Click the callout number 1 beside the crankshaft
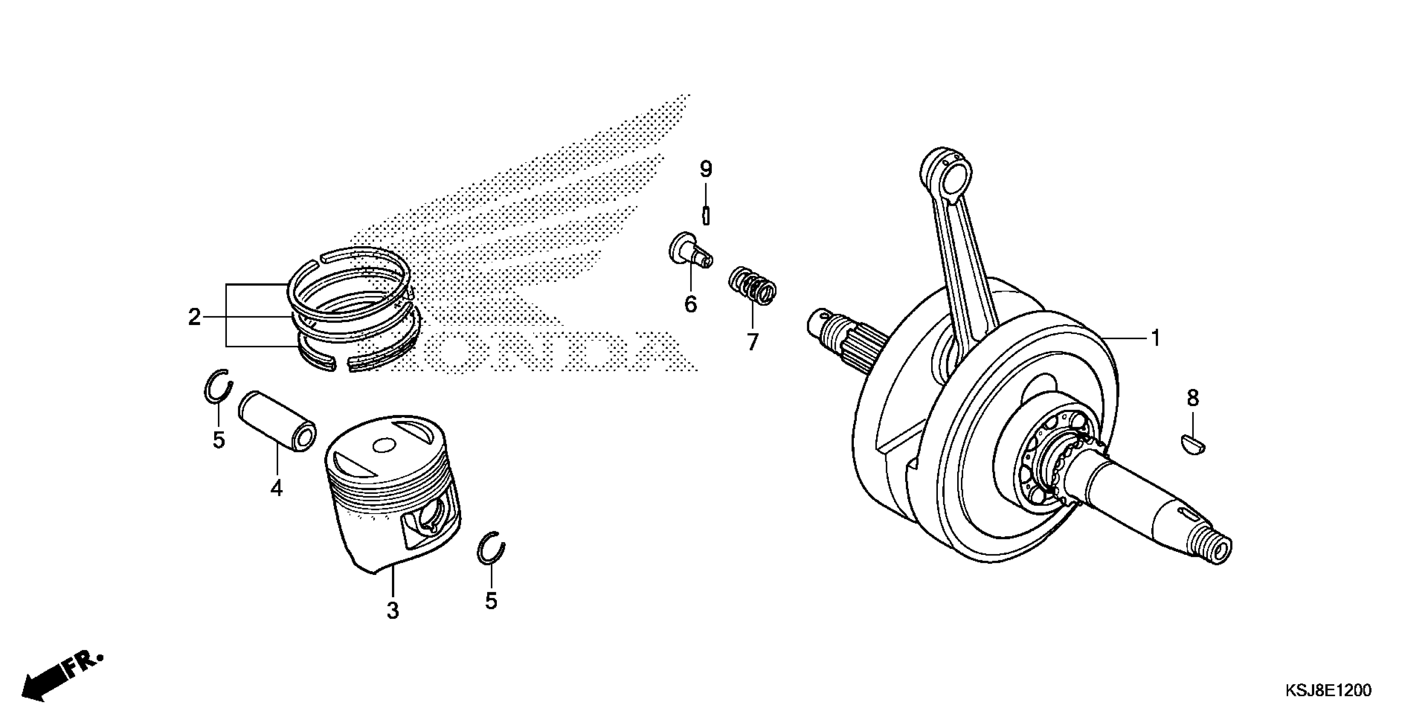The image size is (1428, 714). (x=1156, y=338)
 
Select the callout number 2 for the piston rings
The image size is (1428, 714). (x=194, y=318)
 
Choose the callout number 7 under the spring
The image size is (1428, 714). (x=752, y=342)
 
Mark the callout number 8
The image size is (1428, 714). (x=1193, y=398)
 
